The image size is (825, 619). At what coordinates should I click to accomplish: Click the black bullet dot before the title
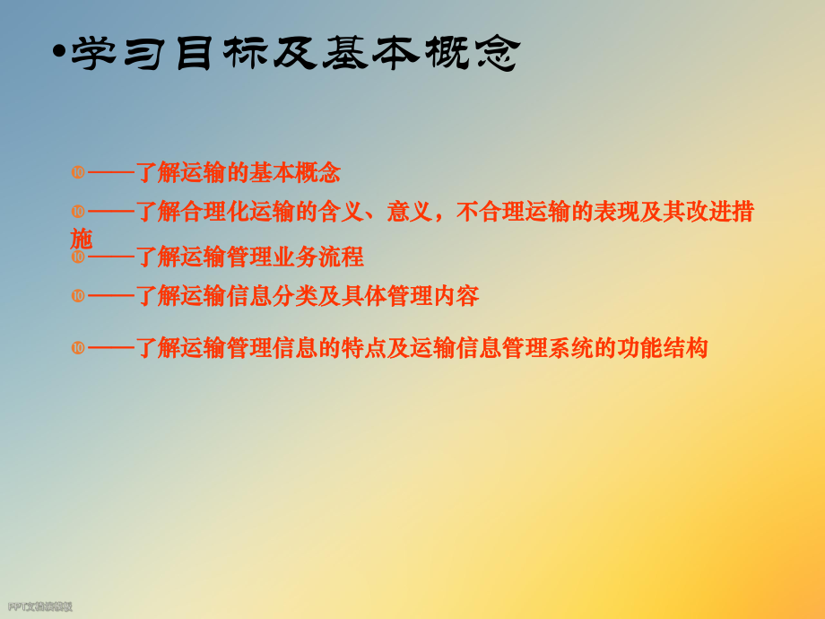tap(59, 54)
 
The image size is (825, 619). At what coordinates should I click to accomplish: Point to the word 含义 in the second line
tap(343, 213)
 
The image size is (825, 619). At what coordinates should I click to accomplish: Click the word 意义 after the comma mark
tap(411, 213)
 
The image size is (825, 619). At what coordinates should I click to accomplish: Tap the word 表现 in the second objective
tap(617, 213)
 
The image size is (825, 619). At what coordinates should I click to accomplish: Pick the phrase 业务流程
tap(318, 257)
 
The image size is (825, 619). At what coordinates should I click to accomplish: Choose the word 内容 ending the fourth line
tap(456, 295)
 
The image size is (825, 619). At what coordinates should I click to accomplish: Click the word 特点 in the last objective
tap(364, 348)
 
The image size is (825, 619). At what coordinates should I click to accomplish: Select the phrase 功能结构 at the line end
tap(663, 348)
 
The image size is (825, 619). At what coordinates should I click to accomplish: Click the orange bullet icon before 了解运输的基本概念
tap(78, 170)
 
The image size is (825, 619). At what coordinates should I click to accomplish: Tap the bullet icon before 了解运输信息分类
tap(78, 295)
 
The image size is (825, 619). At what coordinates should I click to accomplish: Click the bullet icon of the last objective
tap(78, 347)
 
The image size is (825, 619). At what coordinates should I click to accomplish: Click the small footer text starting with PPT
tap(40, 607)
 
